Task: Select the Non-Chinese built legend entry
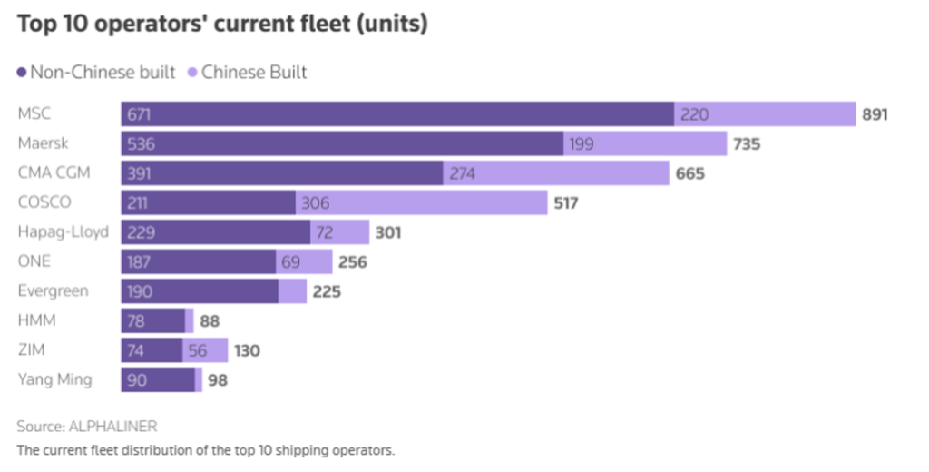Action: (95, 73)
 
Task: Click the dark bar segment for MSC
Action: (397, 114)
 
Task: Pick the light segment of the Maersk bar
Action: (645, 143)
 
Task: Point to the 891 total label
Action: (875, 114)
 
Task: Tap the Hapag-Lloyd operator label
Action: (64, 231)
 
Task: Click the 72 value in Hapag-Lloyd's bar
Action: (325, 232)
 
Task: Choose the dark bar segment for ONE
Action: (198, 261)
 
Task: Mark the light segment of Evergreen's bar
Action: (292, 291)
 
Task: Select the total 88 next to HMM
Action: (210, 321)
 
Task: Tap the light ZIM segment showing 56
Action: (198, 350)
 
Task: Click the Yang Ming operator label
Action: (54, 379)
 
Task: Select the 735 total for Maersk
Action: (747, 143)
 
